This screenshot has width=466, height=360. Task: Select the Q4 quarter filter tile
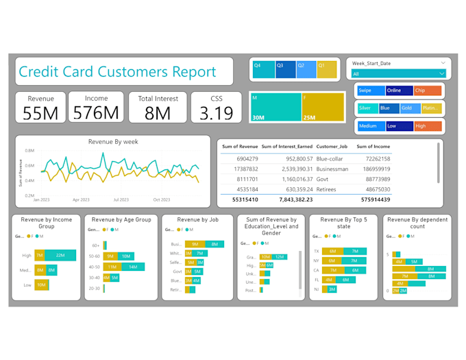click(x=263, y=69)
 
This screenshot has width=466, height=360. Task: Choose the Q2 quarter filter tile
click(x=306, y=69)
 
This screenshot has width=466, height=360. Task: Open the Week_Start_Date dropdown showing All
click(x=398, y=73)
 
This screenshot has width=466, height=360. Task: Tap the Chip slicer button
click(x=428, y=91)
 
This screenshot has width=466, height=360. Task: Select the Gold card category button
click(x=410, y=108)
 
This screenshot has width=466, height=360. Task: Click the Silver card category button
click(x=367, y=108)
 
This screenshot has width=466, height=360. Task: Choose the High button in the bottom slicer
click(x=428, y=126)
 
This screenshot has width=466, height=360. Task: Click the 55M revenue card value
click(x=41, y=113)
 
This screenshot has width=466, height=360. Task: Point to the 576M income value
click(x=96, y=113)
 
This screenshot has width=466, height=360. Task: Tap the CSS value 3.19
click(x=217, y=113)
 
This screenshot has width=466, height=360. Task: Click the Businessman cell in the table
click(x=332, y=169)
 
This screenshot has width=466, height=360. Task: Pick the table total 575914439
click(x=373, y=200)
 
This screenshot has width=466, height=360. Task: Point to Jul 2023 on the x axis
click(x=121, y=200)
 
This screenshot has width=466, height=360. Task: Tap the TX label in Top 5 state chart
click(x=316, y=251)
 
